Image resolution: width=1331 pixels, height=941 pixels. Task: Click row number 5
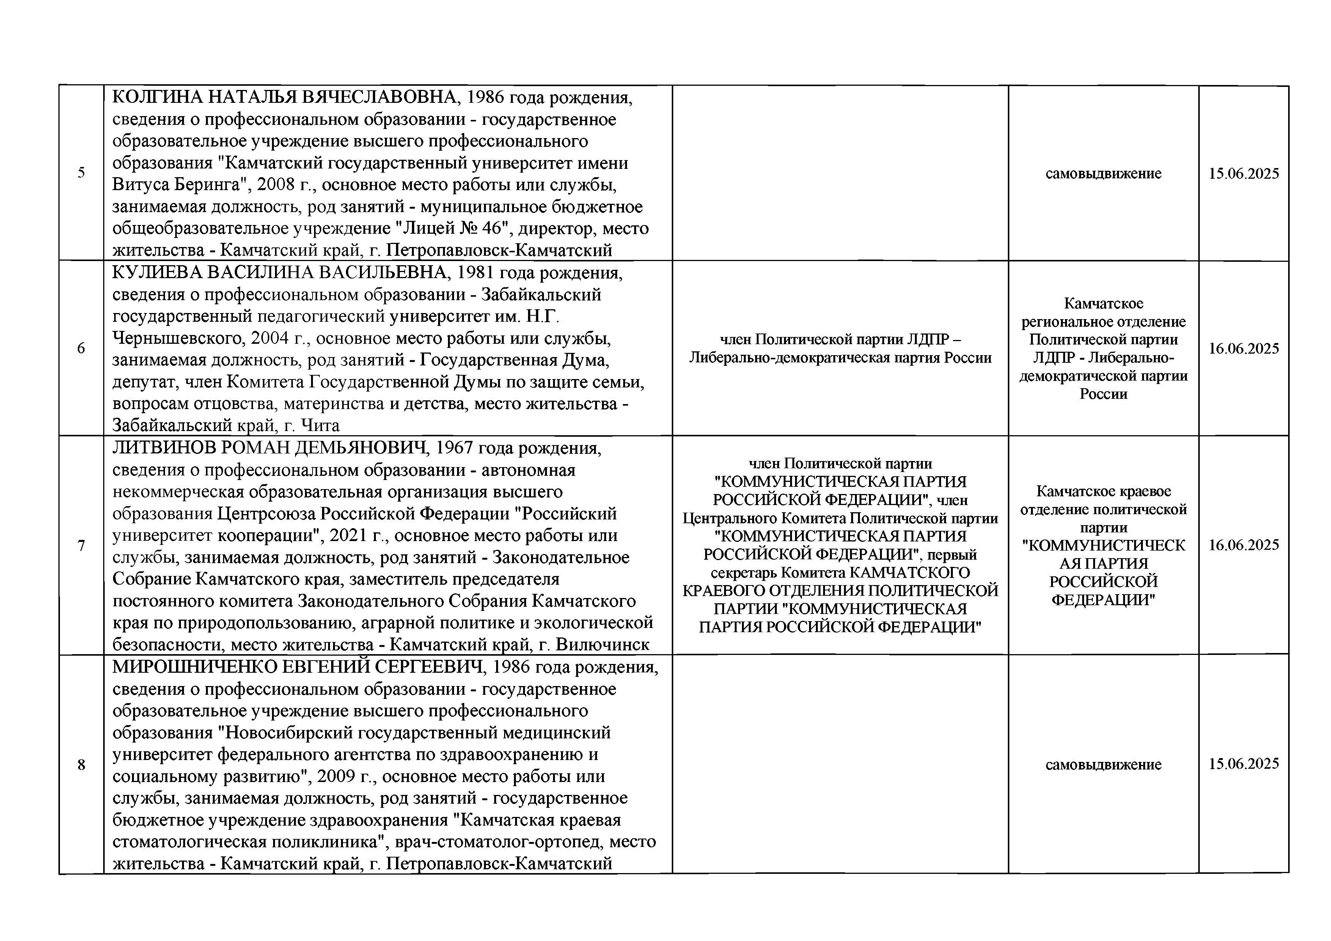click(x=81, y=173)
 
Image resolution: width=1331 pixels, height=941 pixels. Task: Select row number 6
click(x=81, y=348)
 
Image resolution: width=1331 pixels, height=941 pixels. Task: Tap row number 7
click(x=81, y=545)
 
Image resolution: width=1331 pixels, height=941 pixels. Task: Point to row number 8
click(x=81, y=765)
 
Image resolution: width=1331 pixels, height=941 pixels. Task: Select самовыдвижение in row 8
click(x=1103, y=765)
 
